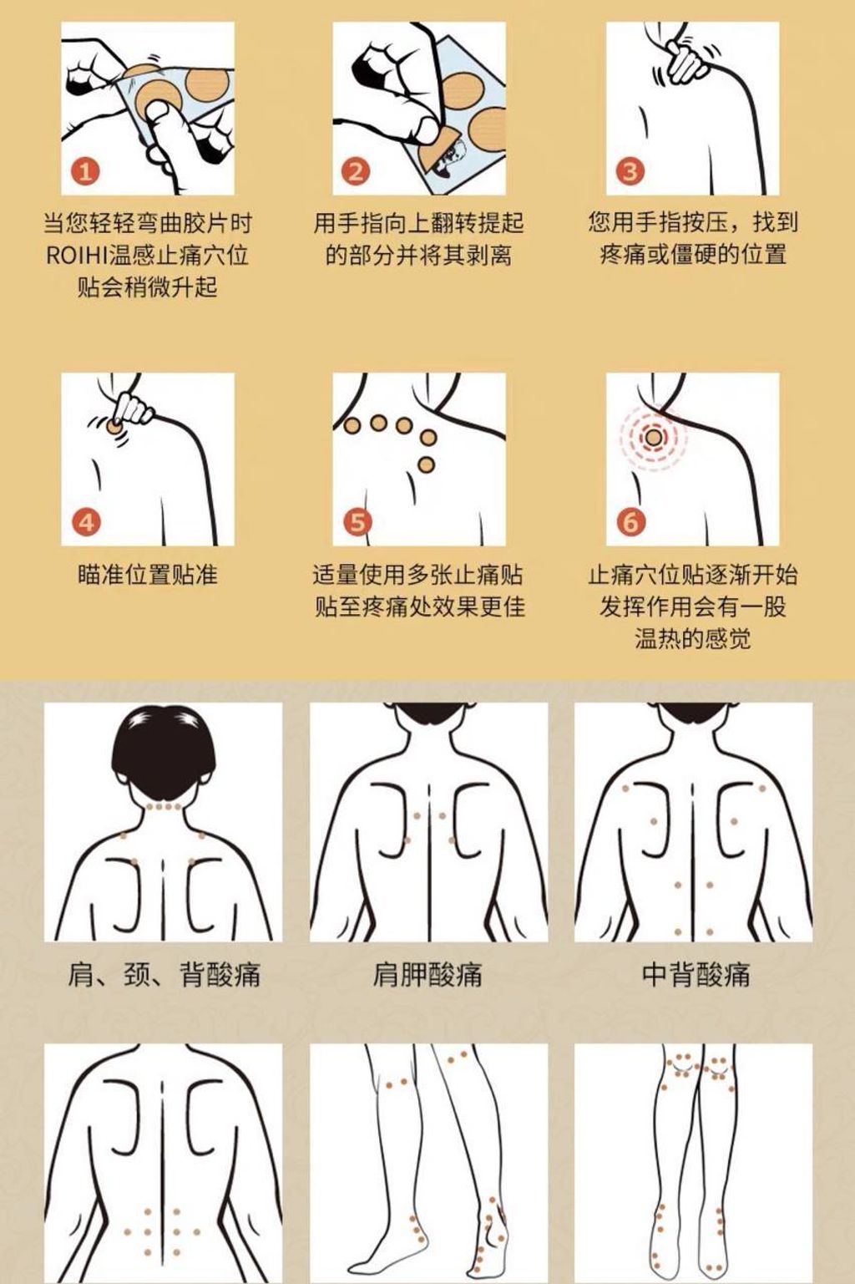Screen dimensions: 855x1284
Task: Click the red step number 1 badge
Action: click(x=85, y=171)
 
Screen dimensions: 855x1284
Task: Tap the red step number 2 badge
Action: click(x=356, y=171)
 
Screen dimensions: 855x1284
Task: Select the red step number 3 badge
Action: click(x=630, y=171)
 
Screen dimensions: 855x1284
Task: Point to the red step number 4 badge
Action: click(x=86, y=522)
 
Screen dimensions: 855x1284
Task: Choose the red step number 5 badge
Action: click(x=357, y=522)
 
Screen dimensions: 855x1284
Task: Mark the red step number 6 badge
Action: click(x=630, y=522)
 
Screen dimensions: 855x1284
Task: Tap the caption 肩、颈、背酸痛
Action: click(x=164, y=974)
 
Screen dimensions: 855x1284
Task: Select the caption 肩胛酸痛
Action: click(x=427, y=974)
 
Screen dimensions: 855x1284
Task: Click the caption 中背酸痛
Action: click(x=696, y=974)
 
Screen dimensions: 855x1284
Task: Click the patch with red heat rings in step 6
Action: click(x=654, y=439)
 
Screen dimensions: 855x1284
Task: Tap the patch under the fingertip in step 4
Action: click(x=114, y=426)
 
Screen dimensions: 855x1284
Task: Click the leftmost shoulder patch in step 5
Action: click(x=352, y=426)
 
